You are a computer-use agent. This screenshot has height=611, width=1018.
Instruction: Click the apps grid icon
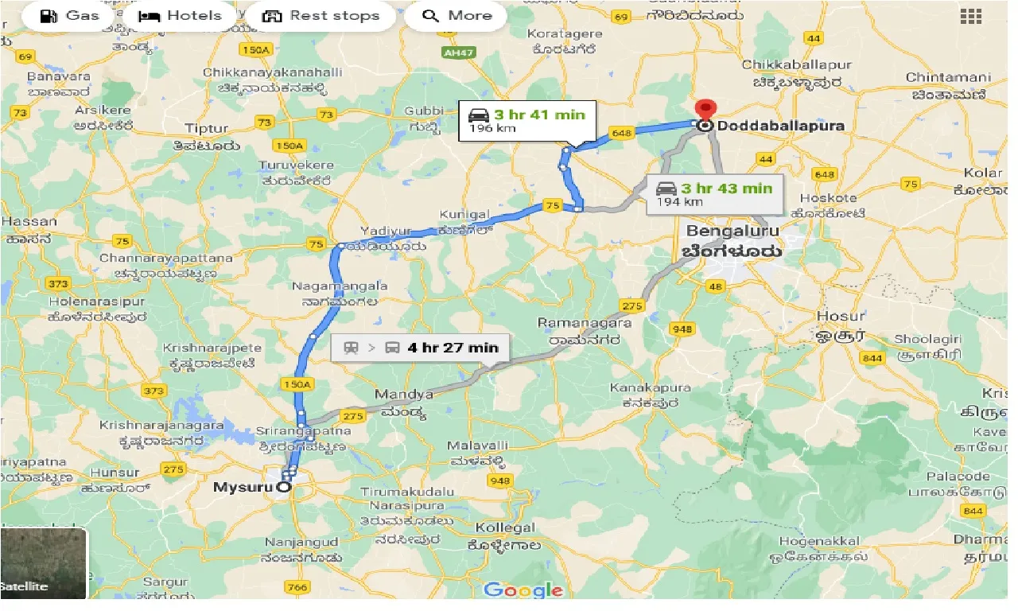(970, 17)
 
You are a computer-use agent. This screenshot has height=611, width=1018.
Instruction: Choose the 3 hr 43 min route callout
(714, 195)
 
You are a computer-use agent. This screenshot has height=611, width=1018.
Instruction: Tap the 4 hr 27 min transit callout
(420, 348)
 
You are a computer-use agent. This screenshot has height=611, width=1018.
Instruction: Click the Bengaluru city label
(732, 232)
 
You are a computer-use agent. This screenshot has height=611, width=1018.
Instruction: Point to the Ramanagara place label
(585, 323)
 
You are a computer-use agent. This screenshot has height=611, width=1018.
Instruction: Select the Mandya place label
(404, 395)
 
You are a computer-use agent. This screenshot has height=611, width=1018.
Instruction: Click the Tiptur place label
(206, 128)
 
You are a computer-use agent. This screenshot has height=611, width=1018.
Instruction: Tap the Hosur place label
(841, 316)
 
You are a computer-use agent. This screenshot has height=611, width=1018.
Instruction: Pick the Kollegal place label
(505, 528)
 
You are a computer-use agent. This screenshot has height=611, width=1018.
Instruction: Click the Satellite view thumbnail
(43, 564)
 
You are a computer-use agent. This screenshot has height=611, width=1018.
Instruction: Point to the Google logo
(523, 590)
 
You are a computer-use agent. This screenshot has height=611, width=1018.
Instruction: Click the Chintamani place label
(948, 78)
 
